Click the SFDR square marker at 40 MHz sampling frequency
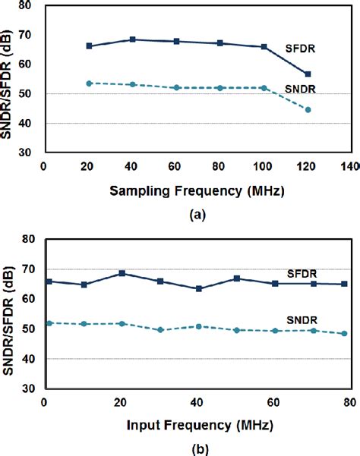[133, 39]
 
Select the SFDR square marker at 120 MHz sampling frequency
[308, 74]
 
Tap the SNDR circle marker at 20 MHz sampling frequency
[89, 83]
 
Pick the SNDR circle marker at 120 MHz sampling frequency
[308, 110]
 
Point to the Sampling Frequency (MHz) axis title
[195, 190]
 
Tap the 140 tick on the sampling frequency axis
[350, 166]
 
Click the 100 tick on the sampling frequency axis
[264, 166]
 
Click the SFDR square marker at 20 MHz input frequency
[122, 273]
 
